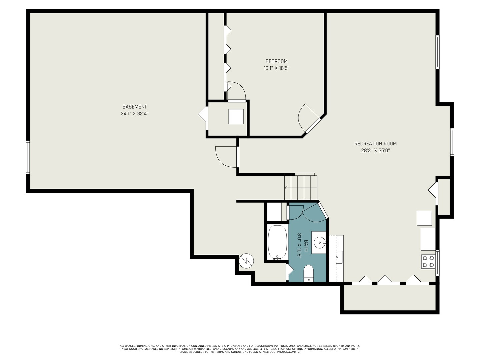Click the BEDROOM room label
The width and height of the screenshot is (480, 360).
point(276,61)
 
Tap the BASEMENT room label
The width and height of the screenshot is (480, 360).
point(134,107)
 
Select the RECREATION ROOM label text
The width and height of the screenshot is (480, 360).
point(375,144)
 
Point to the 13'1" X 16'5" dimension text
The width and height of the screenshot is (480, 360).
point(276,68)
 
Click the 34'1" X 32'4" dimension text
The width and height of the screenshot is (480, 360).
point(134,114)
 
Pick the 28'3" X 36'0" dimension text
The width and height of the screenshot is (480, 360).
point(375,150)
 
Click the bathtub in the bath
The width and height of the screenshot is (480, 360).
point(277,243)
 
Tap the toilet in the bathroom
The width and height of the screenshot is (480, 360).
point(309,273)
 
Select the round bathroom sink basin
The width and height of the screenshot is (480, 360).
point(319,242)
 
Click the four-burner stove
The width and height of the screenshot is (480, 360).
point(428,262)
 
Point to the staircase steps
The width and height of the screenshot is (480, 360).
point(301,188)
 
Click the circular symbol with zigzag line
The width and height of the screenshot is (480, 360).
point(246,261)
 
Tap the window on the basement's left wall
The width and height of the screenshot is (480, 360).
point(28,157)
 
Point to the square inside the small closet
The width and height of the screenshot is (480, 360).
point(236,117)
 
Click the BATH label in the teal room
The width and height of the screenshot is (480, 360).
point(306,246)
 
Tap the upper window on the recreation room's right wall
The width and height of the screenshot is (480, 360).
point(437,52)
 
